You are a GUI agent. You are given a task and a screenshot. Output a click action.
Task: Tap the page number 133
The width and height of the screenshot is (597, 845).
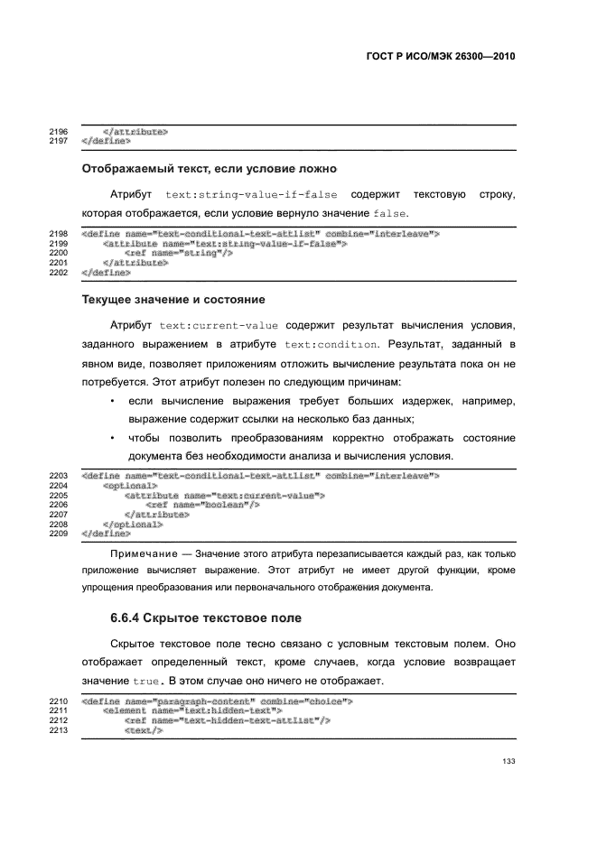coord(508,763)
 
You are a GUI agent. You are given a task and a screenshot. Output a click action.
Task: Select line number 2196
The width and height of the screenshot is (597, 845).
coord(58,132)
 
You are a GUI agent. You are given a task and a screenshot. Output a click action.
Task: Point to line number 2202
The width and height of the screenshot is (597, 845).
coord(58,272)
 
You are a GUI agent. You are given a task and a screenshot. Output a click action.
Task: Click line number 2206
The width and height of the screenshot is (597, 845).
coord(58,505)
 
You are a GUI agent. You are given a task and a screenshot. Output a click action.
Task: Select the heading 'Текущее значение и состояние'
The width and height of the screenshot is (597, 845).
coord(173,299)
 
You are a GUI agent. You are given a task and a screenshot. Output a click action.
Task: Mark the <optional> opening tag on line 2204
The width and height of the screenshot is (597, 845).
coord(131,485)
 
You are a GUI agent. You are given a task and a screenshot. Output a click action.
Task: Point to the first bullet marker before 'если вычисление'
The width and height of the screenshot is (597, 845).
coord(111,400)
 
